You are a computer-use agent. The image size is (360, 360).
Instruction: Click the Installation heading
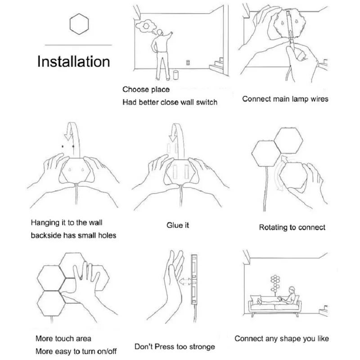pyautogui.click(x=73, y=62)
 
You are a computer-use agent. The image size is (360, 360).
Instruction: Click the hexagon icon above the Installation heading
pyautogui.click(x=79, y=24)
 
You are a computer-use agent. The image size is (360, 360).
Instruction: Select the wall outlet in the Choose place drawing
pyautogui.click(x=188, y=63)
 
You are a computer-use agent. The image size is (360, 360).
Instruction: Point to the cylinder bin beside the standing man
pyautogui.click(x=175, y=75)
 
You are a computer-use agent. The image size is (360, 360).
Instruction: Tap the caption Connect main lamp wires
pyautogui.click(x=285, y=99)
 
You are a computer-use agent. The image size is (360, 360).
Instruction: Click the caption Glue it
pyautogui.click(x=178, y=225)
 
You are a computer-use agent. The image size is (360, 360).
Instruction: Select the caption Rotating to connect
pyautogui.click(x=292, y=227)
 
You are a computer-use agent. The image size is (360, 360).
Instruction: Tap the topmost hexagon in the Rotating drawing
pyautogui.click(x=288, y=140)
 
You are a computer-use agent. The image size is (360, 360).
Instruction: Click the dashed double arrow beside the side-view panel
pyautogui.click(x=185, y=281)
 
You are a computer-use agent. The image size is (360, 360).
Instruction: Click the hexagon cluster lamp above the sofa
pyautogui.click(x=275, y=283)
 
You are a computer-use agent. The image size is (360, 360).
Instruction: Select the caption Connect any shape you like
pyautogui.click(x=282, y=339)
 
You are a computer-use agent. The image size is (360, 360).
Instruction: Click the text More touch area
pyautogui.click(x=63, y=338)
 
